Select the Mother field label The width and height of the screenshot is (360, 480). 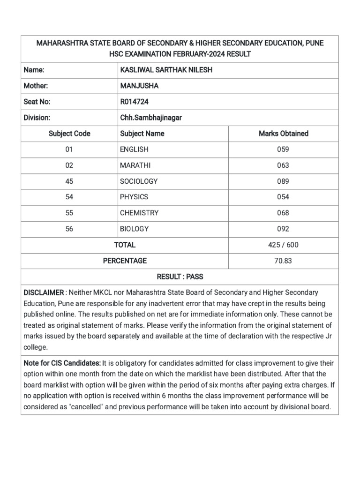pyautogui.click(x=36, y=86)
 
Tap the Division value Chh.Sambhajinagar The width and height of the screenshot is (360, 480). pyautogui.click(x=151, y=118)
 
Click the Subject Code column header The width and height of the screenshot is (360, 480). pyautogui.click(x=69, y=134)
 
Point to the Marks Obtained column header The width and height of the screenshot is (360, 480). pyautogui.click(x=283, y=134)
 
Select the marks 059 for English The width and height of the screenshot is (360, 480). pyautogui.click(x=283, y=150)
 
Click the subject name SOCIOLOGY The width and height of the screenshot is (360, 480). pyautogui.click(x=139, y=181)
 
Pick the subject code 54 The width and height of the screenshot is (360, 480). pyautogui.click(x=69, y=197)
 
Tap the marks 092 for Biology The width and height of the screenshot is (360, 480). pyautogui.click(x=283, y=229)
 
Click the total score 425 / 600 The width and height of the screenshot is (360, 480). pyautogui.click(x=283, y=245)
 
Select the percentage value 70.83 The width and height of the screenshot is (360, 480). pyautogui.click(x=283, y=261)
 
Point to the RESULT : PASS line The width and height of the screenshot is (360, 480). pyautogui.click(x=180, y=277)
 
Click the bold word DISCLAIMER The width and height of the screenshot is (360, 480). pyautogui.click(x=44, y=292)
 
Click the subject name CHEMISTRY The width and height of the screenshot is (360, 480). pyautogui.click(x=139, y=213)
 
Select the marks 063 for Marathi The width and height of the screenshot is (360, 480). pyautogui.click(x=283, y=165)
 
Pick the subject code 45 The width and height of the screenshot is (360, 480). pyautogui.click(x=69, y=181)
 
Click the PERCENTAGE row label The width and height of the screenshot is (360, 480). pyautogui.click(x=125, y=261)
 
